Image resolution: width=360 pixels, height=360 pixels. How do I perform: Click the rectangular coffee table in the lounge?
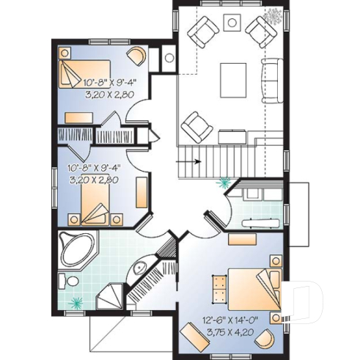tap(234, 76)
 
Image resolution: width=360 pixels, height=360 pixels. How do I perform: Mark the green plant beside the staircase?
tap(222, 183)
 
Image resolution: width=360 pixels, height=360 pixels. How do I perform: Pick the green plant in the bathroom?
tap(76, 301)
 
